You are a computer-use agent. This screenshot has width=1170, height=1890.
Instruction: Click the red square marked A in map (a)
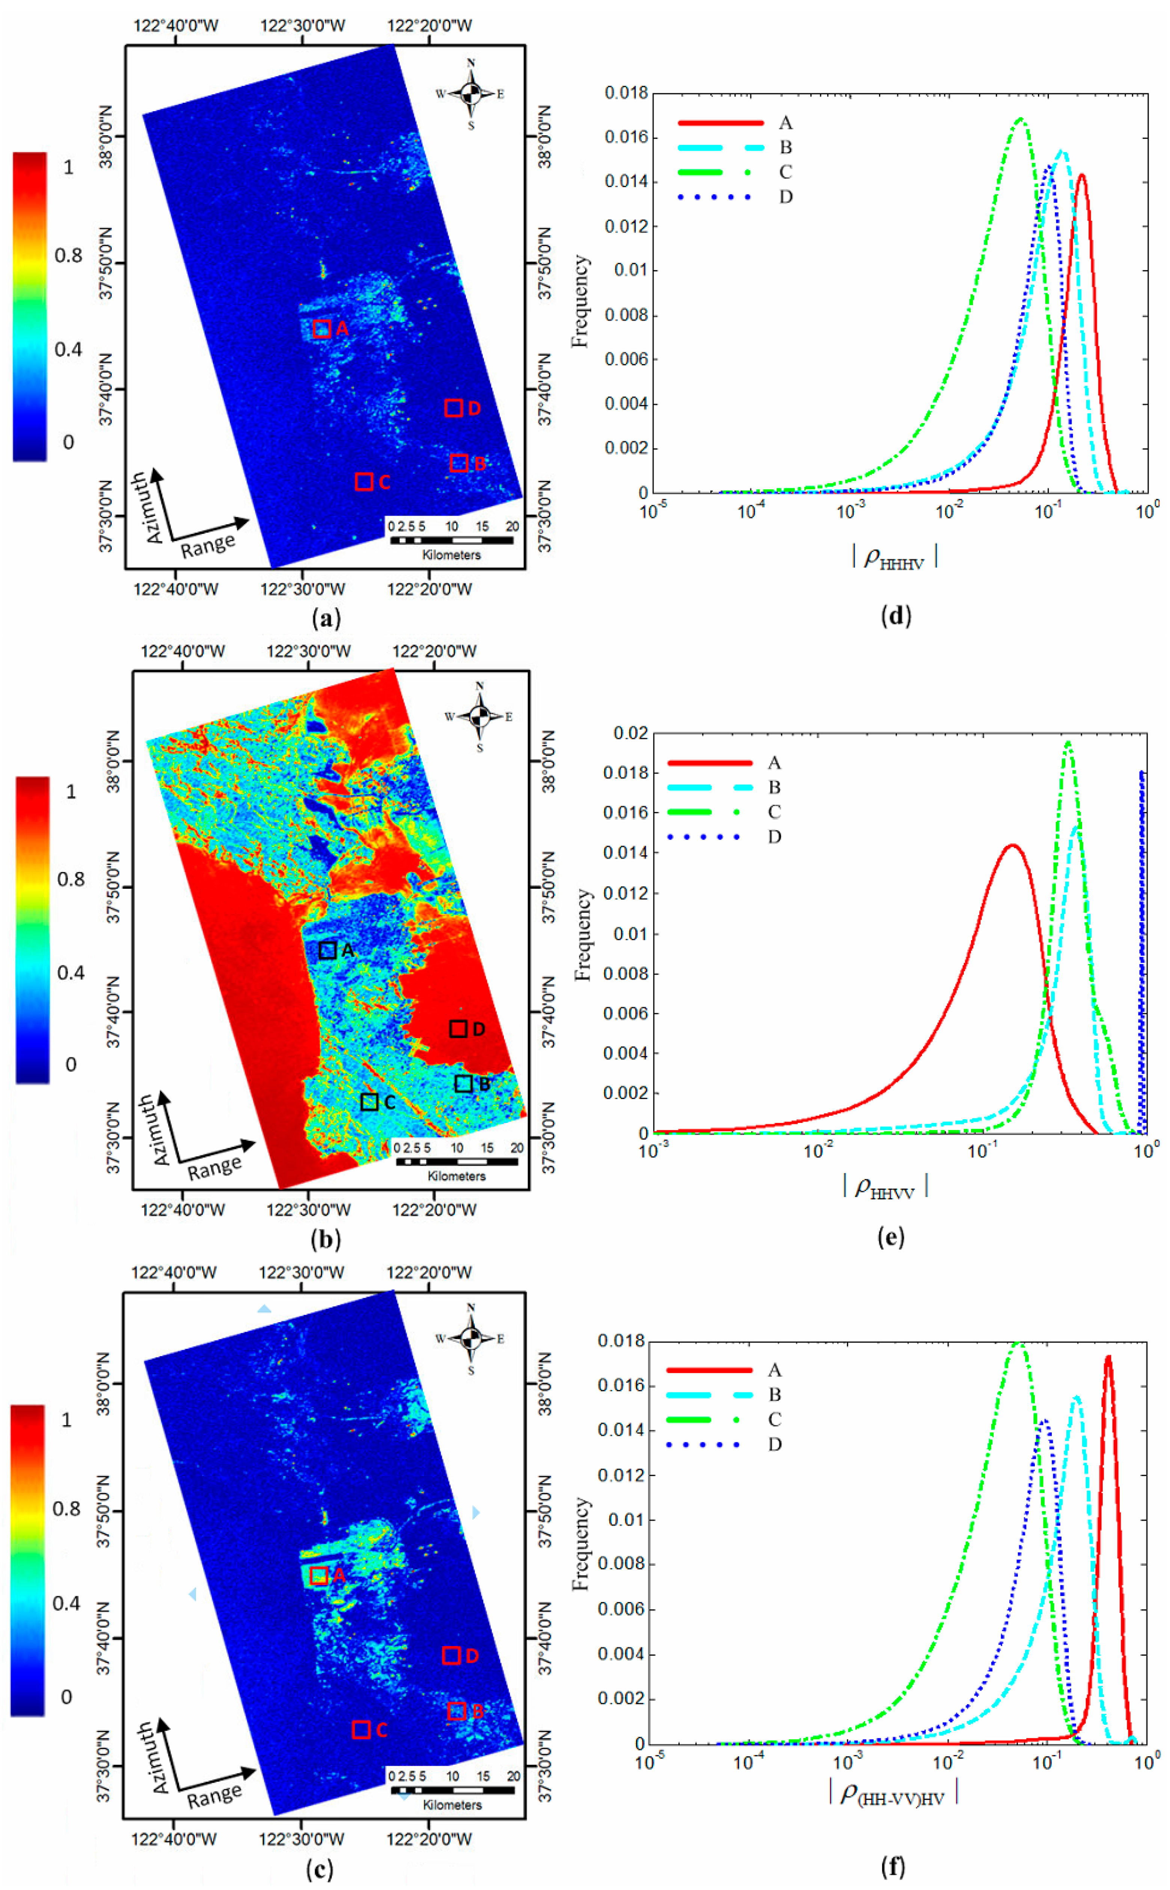[x=322, y=329]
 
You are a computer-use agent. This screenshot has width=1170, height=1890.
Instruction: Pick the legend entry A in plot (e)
[x=774, y=763]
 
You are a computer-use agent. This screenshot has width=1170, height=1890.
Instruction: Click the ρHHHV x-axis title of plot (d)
[x=895, y=557]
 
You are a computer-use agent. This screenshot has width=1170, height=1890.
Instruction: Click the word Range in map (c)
[x=214, y=1797]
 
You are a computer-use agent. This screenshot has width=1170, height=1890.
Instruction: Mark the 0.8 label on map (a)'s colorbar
[x=68, y=255]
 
